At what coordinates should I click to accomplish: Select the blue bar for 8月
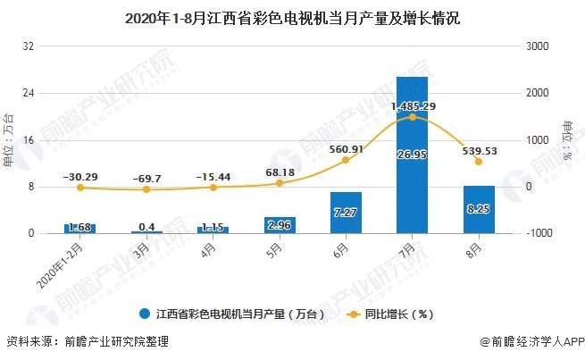(479, 211)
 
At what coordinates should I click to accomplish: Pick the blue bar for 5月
(279, 225)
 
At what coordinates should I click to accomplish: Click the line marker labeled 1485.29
(412, 117)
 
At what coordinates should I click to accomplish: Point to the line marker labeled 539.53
(479, 162)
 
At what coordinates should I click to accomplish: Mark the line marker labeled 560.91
(346, 161)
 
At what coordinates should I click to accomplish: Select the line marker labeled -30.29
(79, 188)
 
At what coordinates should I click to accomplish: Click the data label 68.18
(279, 172)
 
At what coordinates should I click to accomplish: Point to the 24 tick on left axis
(29, 93)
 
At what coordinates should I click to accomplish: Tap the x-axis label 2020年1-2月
(65, 257)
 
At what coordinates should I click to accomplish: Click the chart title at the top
(292, 17)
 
